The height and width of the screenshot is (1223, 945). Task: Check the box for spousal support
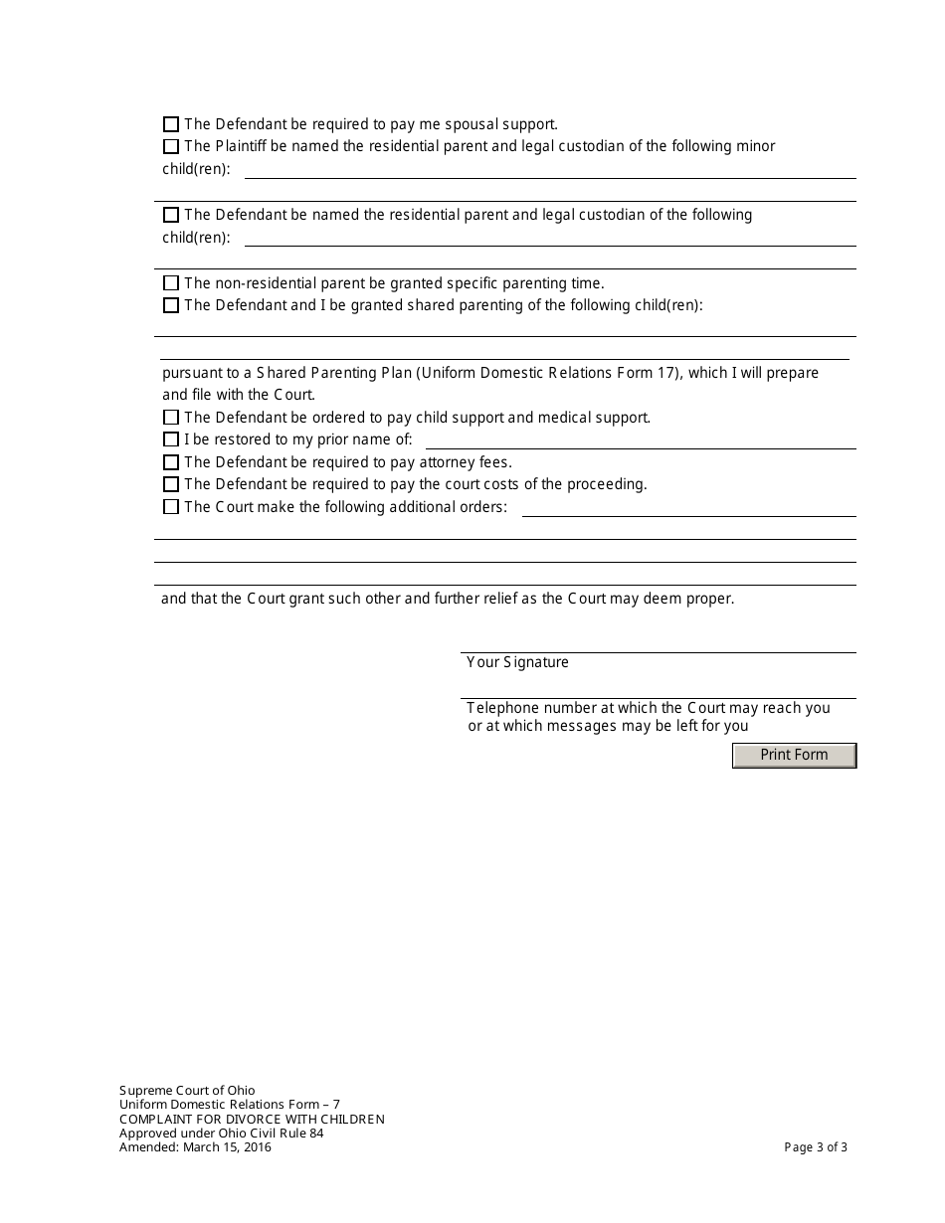coord(171,124)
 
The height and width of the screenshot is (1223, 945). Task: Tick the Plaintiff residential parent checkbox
coord(171,146)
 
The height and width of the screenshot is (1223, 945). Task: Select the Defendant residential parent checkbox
coord(171,215)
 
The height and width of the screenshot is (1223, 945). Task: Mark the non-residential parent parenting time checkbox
coord(171,283)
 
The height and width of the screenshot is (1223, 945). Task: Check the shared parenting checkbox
coord(171,305)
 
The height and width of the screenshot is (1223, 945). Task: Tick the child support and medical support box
coord(171,418)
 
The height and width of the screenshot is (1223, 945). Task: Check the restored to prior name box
coord(171,439)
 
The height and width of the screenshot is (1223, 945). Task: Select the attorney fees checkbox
coord(171,462)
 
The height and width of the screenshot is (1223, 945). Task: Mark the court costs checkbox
coord(171,484)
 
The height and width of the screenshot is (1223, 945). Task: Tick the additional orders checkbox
coord(171,507)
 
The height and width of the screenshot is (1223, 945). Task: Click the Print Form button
coord(794,756)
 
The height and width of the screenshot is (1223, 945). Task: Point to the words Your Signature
coord(517,662)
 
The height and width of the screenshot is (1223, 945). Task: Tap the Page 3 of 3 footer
coord(816,1147)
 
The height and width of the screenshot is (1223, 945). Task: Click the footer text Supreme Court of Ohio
coord(187,1091)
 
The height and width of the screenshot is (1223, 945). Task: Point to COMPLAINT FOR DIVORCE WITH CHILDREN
coord(252,1120)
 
